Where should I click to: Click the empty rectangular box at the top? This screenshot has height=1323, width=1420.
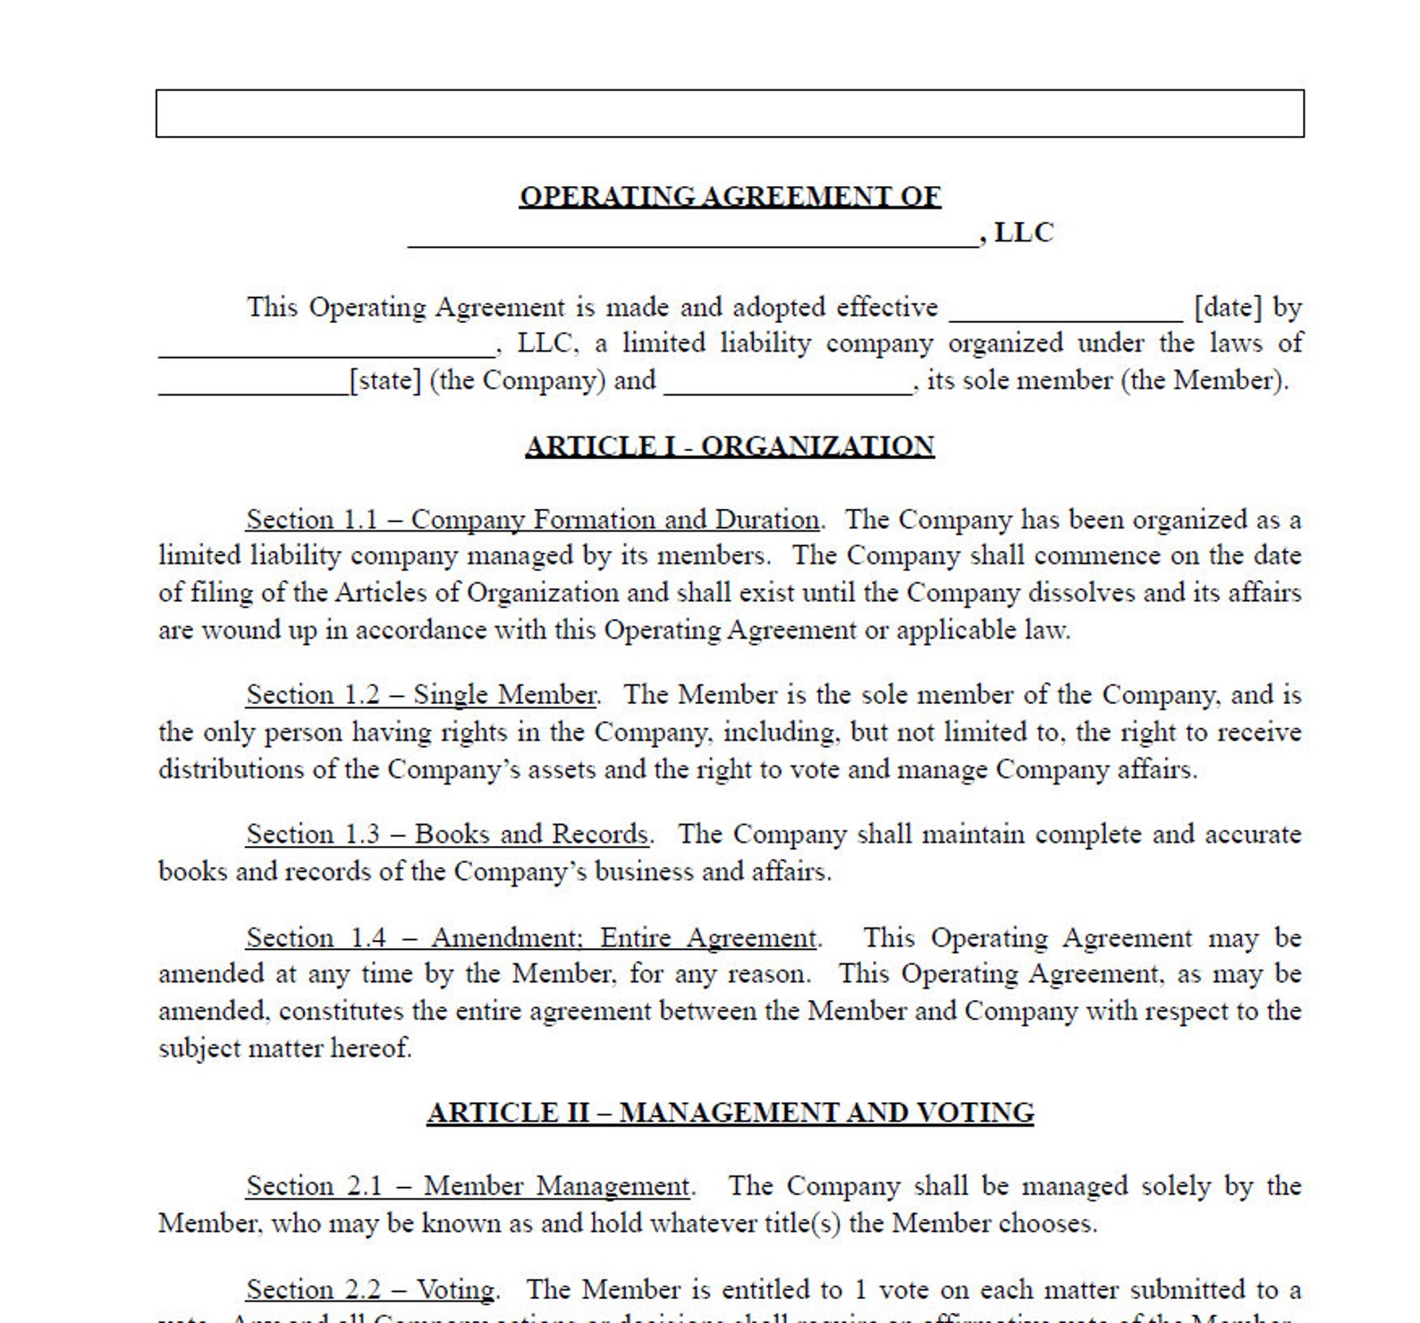(730, 114)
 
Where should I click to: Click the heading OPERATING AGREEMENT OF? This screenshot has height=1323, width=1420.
(730, 197)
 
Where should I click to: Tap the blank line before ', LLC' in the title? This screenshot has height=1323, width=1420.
(693, 238)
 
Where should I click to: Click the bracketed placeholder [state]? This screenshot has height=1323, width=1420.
(385, 381)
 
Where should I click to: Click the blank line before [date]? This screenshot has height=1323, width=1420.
(1066, 313)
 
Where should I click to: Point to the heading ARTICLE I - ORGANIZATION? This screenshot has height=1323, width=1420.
(730, 446)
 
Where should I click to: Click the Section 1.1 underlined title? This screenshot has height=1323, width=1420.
(532, 520)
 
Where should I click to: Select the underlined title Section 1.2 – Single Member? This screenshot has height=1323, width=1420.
(421, 695)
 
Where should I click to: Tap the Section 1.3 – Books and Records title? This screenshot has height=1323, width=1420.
(447, 835)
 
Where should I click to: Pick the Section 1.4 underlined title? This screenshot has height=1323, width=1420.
(532, 938)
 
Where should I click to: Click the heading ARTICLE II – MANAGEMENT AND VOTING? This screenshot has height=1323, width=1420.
(730, 1113)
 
